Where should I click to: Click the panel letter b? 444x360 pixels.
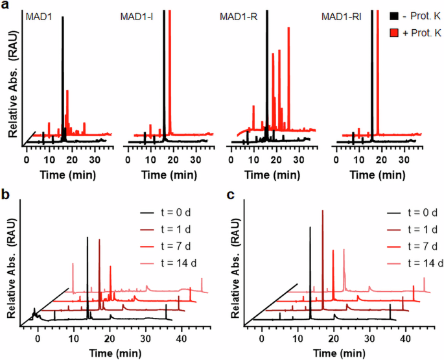pyautogui.click(x=5, y=193)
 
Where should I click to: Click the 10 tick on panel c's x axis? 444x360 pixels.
pyautogui.click(x=298, y=338)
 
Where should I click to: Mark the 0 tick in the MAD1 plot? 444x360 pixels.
pyautogui.click(x=27, y=158)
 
